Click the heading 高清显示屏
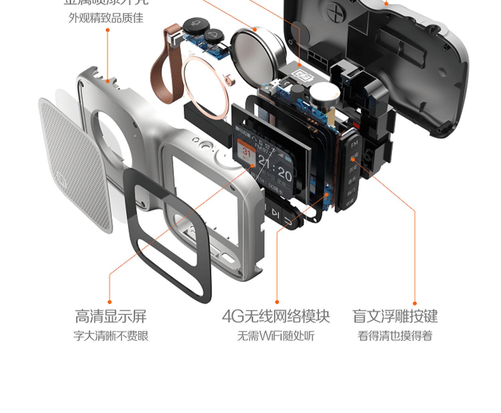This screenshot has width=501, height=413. point(111,316)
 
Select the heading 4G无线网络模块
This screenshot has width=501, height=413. point(276,316)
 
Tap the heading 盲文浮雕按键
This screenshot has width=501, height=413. point(395,316)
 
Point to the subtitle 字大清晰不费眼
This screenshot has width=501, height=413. point(111,335)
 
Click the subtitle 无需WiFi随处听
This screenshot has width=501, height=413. point(276,335)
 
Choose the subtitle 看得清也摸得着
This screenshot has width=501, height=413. point(395,335)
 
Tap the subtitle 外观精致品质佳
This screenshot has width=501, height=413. point(106,18)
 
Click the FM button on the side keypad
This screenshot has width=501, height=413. point(354,144)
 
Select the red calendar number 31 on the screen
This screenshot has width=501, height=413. point(246,152)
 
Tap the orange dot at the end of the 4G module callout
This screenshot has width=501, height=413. point(277,302)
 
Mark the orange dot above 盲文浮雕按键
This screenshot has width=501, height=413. point(414,303)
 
